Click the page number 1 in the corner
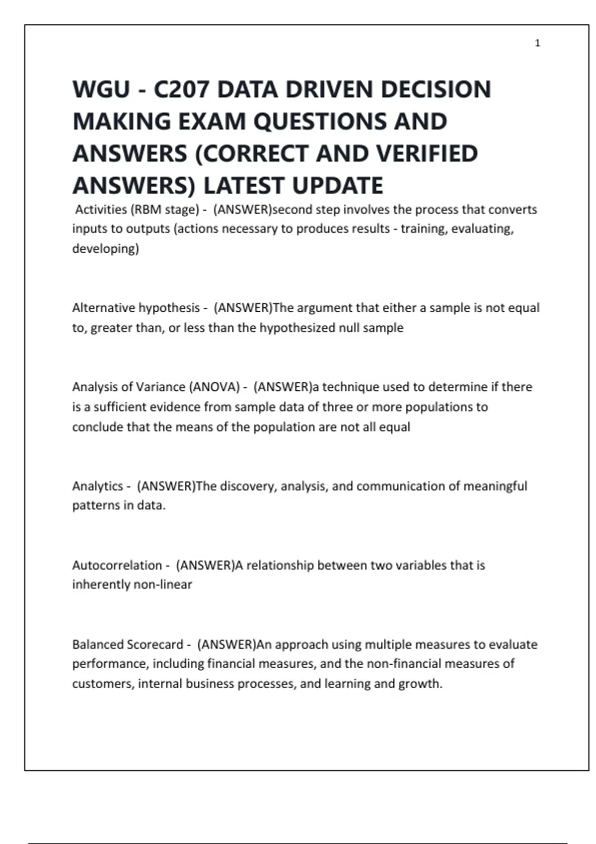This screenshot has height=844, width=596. pos(537,43)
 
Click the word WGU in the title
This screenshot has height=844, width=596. pos(101,90)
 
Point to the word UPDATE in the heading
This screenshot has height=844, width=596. pos(337,186)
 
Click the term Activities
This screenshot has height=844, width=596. pos(101,210)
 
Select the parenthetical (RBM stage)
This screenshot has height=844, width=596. pos(165,210)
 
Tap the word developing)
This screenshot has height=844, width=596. pos(106,248)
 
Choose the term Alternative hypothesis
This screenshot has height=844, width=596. pos(136,308)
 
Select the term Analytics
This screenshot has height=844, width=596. pos(97,486)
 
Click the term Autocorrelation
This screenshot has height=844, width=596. pos(117,565)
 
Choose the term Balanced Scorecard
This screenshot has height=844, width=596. pos(128,644)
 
